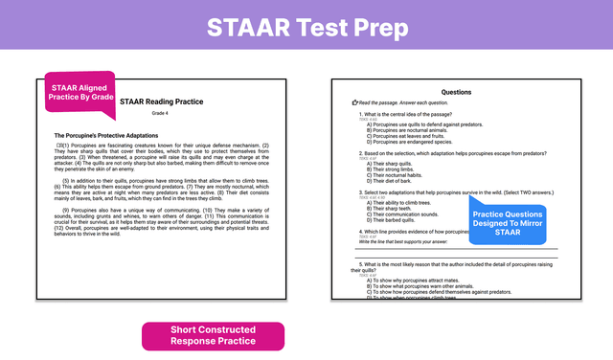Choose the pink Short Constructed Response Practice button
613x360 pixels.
click(213, 335)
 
